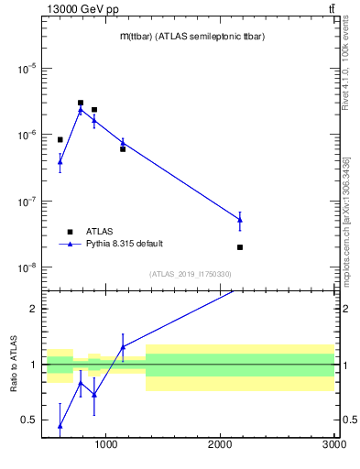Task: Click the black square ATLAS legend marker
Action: pos(71,232)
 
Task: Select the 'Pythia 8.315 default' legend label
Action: pos(125,244)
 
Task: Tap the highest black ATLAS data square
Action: pos(81,104)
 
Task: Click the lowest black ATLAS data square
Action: pos(240,247)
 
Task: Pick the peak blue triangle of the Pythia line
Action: pos(81,110)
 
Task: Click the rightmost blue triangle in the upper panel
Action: pos(240,219)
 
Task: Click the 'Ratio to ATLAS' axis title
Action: pos(14,365)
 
